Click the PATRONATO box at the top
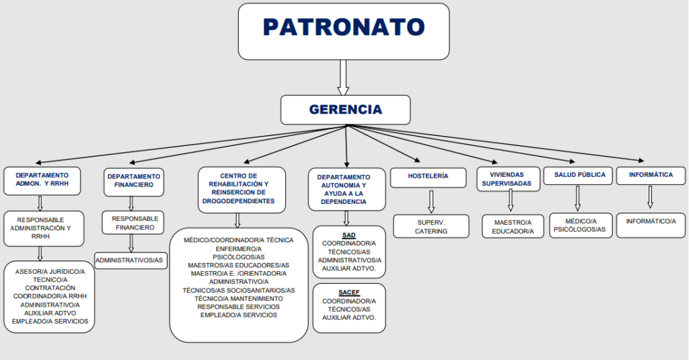click(344, 32)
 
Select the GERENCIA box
click(345, 110)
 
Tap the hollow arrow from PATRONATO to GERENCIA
click(343, 78)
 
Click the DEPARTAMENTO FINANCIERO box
click(134, 182)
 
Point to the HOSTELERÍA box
click(428, 178)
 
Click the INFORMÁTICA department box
click(651, 176)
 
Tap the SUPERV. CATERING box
click(431, 226)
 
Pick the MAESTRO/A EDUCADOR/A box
click(513, 226)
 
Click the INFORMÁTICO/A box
click(651, 225)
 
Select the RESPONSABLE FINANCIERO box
click(133, 223)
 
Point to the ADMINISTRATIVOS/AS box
click(131, 260)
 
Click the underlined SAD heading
click(349, 236)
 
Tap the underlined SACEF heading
click(349, 293)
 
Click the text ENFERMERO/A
click(239, 249)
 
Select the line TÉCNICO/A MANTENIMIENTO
click(239, 299)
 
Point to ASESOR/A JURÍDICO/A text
click(50, 272)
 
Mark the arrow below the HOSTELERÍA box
click(431, 202)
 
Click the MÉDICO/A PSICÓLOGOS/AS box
click(581, 225)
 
